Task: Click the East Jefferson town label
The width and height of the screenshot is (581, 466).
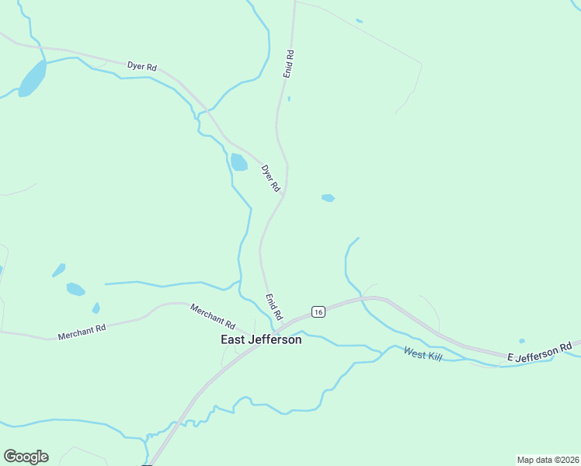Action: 261,339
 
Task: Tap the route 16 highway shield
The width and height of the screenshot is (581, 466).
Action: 318,311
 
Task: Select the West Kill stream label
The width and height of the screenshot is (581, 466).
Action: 422,352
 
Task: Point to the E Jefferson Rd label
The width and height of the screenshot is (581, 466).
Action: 540,351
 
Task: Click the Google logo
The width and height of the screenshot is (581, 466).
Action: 26,456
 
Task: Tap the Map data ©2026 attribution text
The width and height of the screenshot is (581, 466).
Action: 548,459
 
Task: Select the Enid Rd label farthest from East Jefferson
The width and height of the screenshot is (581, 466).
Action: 289,63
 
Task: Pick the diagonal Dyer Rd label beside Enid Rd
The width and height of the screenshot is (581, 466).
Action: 270,178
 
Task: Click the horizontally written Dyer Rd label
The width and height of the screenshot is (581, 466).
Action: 142,67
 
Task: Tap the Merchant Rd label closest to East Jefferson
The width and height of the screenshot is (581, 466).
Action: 212,315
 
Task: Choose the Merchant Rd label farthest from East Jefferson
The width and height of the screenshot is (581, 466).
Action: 82,332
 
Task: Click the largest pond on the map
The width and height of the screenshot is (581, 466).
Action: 32,78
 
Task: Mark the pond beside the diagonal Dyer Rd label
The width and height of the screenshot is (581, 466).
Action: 238,162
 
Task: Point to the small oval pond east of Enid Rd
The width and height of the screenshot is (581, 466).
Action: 328,198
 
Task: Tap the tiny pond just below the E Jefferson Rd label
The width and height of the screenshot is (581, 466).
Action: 522,340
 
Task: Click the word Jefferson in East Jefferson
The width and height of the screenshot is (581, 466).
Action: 275,339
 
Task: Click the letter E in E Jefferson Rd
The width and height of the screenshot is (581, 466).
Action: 511,357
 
